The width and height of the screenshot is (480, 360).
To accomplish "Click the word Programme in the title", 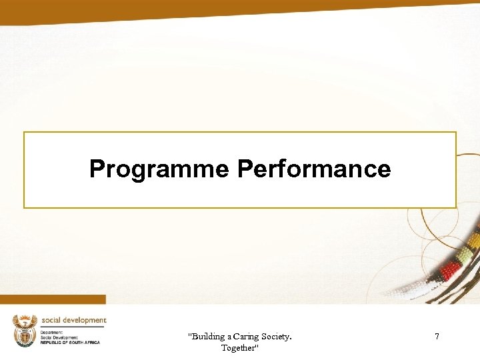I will click(159, 169).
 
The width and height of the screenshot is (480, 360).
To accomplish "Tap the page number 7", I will click(437, 337).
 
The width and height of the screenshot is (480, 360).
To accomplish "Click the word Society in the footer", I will click(279, 337).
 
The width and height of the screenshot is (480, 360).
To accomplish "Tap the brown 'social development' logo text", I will click(73, 321).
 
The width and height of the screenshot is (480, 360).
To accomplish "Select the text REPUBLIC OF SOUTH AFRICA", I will click(70, 342).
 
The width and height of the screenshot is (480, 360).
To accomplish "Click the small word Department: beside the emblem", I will click(53, 332).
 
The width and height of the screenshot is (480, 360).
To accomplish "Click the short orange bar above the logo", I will click(53, 299).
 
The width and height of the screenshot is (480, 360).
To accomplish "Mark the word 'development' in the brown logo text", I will click(83, 321).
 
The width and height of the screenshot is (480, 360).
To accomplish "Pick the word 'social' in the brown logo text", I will click(51, 321).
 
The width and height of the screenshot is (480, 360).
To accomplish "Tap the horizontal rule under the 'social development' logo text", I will click(73, 327).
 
